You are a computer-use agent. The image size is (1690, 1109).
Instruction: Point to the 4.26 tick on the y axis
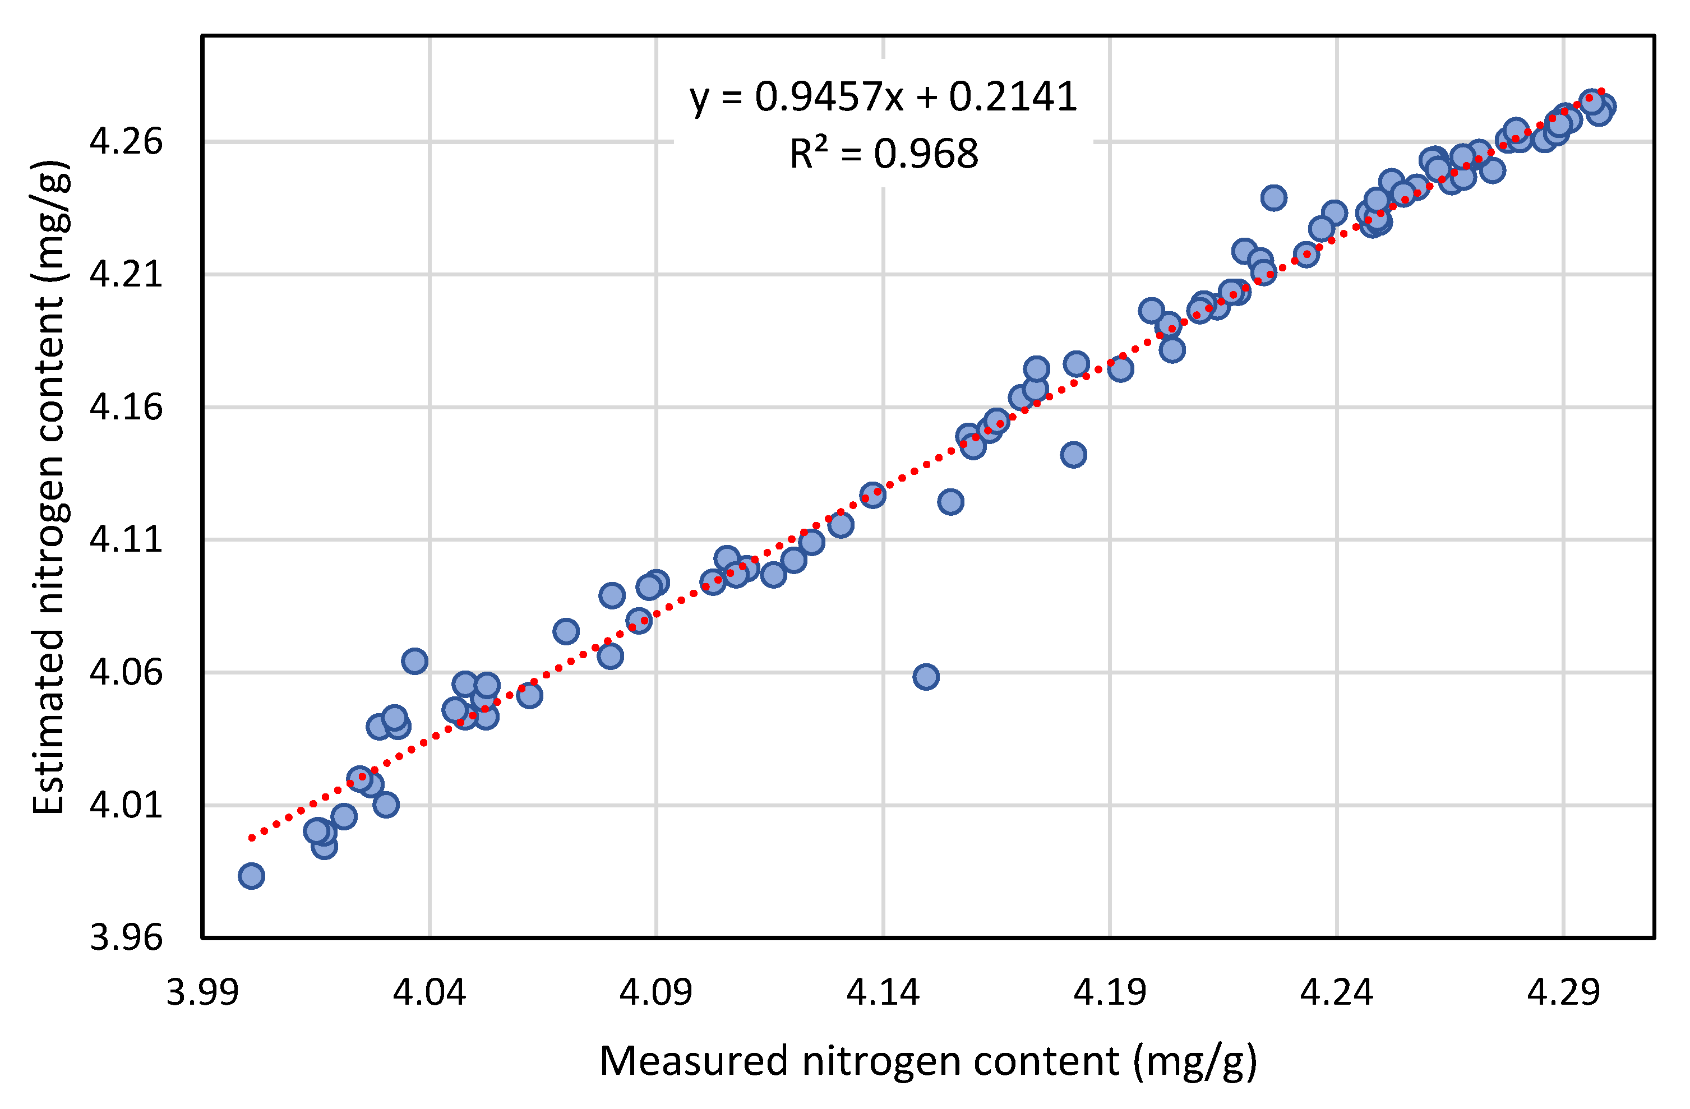click(x=126, y=141)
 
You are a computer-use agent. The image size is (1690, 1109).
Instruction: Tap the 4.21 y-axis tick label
click(x=126, y=274)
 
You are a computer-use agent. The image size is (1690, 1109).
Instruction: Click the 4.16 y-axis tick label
click(x=126, y=407)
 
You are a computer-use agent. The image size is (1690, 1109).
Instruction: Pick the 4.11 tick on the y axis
click(x=126, y=539)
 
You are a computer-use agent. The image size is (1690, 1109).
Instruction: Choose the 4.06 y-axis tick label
click(x=126, y=672)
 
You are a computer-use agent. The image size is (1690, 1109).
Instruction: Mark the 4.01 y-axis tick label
click(x=126, y=805)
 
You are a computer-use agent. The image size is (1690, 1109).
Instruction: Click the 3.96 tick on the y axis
click(x=126, y=938)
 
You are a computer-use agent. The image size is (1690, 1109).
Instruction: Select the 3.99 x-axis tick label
click(x=202, y=992)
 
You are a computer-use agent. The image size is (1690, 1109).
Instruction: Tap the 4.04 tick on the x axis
click(x=429, y=992)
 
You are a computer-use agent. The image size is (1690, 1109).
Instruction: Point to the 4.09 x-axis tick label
click(x=655, y=992)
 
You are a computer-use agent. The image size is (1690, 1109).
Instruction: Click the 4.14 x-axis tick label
click(x=883, y=992)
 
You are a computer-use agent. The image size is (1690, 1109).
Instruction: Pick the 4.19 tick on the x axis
click(x=1109, y=992)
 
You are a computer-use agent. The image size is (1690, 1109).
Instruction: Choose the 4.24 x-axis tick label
click(x=1336, y=992)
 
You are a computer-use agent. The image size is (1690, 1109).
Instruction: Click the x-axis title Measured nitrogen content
click(x=928, y=1062)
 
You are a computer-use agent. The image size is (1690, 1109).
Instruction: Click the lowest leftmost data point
click(x=251, y=876)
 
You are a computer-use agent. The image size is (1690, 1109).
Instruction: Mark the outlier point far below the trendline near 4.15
click(x=925, y=677)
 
